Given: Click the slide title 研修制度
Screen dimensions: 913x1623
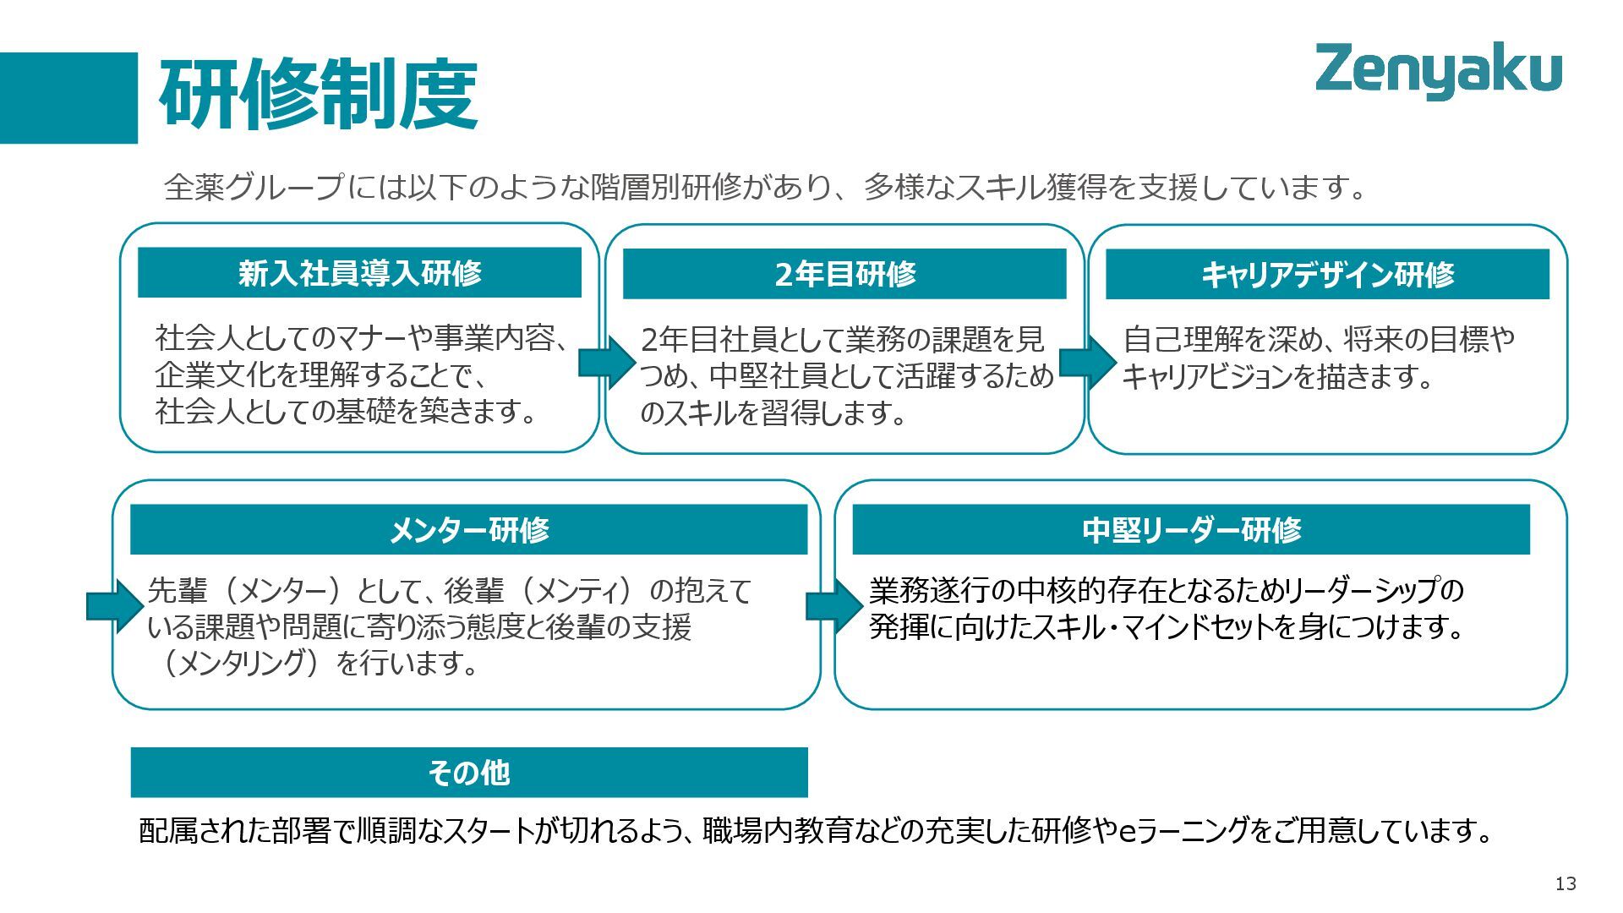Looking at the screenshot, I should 319,95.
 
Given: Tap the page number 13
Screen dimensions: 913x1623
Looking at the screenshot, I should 1566,883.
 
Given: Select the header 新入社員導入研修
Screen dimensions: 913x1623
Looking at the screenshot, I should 359,273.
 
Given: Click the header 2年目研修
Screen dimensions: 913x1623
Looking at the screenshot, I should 844,274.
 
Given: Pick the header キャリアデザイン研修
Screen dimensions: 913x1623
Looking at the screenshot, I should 1327,275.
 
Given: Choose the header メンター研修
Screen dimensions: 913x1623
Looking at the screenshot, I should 468,530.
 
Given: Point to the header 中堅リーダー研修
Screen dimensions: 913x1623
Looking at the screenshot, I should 1191,530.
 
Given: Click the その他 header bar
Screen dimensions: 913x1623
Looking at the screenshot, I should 469,773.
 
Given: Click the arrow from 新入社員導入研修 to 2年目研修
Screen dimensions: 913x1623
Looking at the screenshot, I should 606,363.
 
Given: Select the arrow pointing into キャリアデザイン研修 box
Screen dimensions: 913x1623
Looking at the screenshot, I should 1087,363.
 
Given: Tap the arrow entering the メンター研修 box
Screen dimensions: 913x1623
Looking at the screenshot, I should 115,606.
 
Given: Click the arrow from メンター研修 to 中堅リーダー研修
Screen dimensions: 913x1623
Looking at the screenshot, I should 834,606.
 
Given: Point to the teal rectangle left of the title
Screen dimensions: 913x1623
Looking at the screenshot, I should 68,98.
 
